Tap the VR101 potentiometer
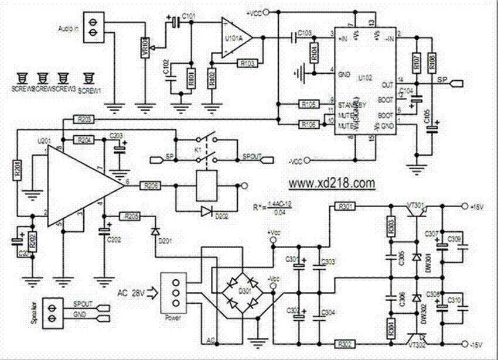point(145,46)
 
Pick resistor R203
point(84,119)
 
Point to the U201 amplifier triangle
point(76,185)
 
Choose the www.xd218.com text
point(332,183)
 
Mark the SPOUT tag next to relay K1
point(256,158)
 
